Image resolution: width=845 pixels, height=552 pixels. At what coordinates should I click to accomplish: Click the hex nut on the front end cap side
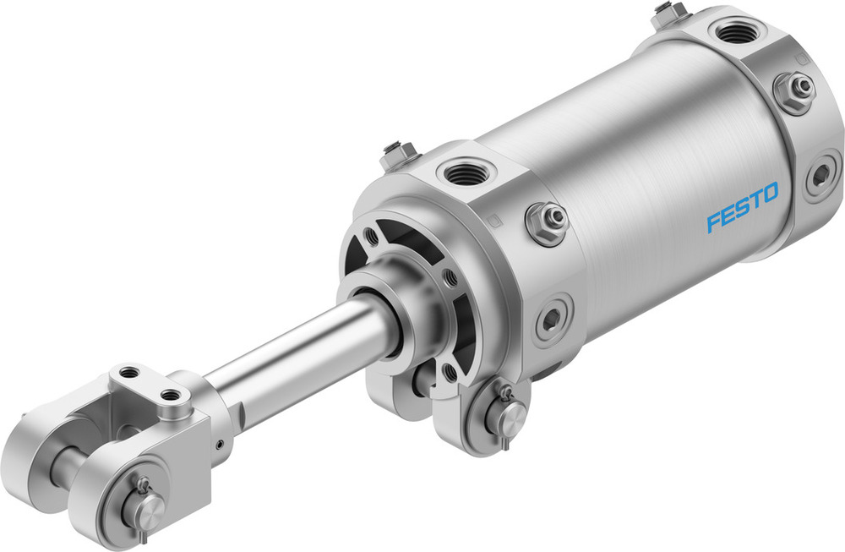point(547,221)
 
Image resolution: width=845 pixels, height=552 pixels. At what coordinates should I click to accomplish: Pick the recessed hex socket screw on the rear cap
point(820,177)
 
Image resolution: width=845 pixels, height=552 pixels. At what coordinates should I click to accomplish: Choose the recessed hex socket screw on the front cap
point(552,319)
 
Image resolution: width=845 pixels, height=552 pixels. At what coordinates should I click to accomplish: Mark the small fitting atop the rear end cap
point(670,14)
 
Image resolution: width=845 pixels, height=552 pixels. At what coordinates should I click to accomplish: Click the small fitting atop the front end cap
point(398,154)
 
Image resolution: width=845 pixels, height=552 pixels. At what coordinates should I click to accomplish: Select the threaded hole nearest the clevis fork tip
point(128,372)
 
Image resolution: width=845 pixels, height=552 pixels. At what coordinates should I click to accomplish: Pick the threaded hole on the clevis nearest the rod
point(172,394)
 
